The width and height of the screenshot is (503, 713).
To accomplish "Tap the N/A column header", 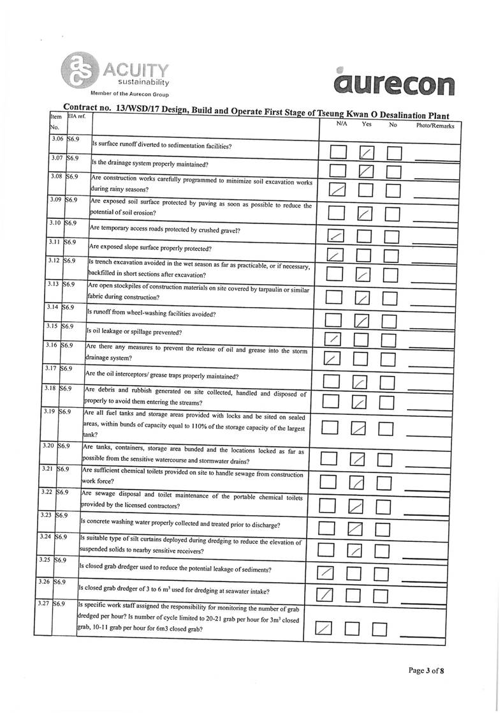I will pos(342,124).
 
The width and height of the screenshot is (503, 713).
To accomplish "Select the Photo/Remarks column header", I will pos(435,126).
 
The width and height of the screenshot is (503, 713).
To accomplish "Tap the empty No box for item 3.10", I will pos(389,237).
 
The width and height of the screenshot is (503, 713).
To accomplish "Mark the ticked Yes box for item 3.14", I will pos(361,320).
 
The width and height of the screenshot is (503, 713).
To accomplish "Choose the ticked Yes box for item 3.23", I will pos(355,529).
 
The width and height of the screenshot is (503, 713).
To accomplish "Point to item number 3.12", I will pos(54,260).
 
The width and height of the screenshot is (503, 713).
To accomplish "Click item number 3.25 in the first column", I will pos(44,560).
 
